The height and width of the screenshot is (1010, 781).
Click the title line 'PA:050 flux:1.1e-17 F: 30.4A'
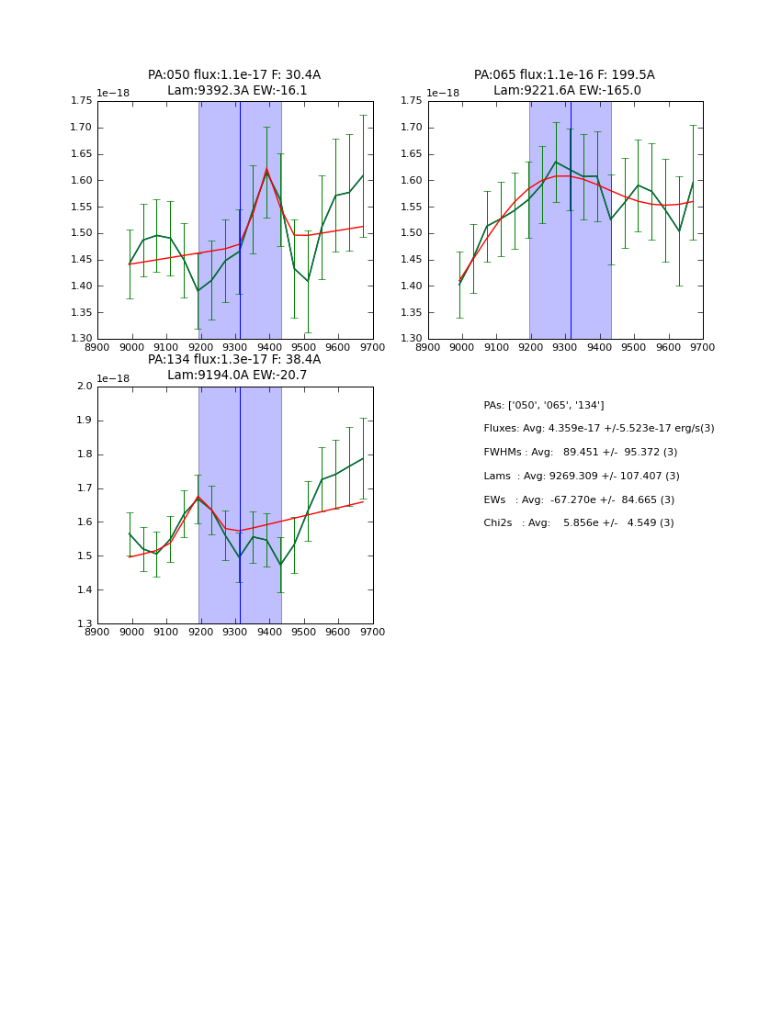pyautogui.click(x=234, y=75)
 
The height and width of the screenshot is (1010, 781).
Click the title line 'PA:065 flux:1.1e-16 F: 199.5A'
pyautogui.click(x=564, y=75)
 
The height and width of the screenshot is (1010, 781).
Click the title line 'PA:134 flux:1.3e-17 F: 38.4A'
pyautogui.click(x=234, y=360)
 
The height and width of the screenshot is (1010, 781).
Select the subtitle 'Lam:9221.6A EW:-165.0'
pyautogui.click(x=567, y=91)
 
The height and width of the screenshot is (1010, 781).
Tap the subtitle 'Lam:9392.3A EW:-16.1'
pyautogui.click(x=237, y=91)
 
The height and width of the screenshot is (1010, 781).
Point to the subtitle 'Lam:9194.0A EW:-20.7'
pyautogui.click(x=237, y=376)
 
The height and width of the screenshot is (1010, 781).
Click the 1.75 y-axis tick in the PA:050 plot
pyautogui.click(x=82, y=101)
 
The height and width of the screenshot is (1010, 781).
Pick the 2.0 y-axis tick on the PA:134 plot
pyautogui.click(x=85, y=387)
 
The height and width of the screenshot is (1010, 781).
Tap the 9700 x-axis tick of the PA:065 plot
pyautogui.click(x=703, y=347)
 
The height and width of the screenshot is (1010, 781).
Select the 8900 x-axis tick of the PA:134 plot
pyautogui.click(x=97, y=632)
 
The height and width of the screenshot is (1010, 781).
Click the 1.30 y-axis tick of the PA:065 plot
pyautogui.click(x=413, y=339)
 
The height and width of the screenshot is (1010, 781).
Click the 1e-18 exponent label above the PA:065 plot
pyautogui.click(x=444, y=94)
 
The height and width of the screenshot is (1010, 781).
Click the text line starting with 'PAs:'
pyautogui.click(x=543, y=406)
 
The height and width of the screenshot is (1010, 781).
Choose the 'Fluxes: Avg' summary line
pyautogui.click(x=598, y=429)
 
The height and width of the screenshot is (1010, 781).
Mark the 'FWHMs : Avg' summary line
pyautogui.click(x=580, y=453)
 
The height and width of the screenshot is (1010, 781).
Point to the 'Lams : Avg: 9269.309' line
pyautogui.click(x=581, y=477)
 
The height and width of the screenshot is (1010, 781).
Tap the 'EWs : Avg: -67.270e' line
pyautogui.click(x=579, y=500)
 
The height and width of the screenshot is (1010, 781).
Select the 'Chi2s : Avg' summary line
pyautogui.click(x=578, y=523)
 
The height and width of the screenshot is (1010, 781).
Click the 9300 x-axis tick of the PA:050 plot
pyautogui.click(x=235, y=347)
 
